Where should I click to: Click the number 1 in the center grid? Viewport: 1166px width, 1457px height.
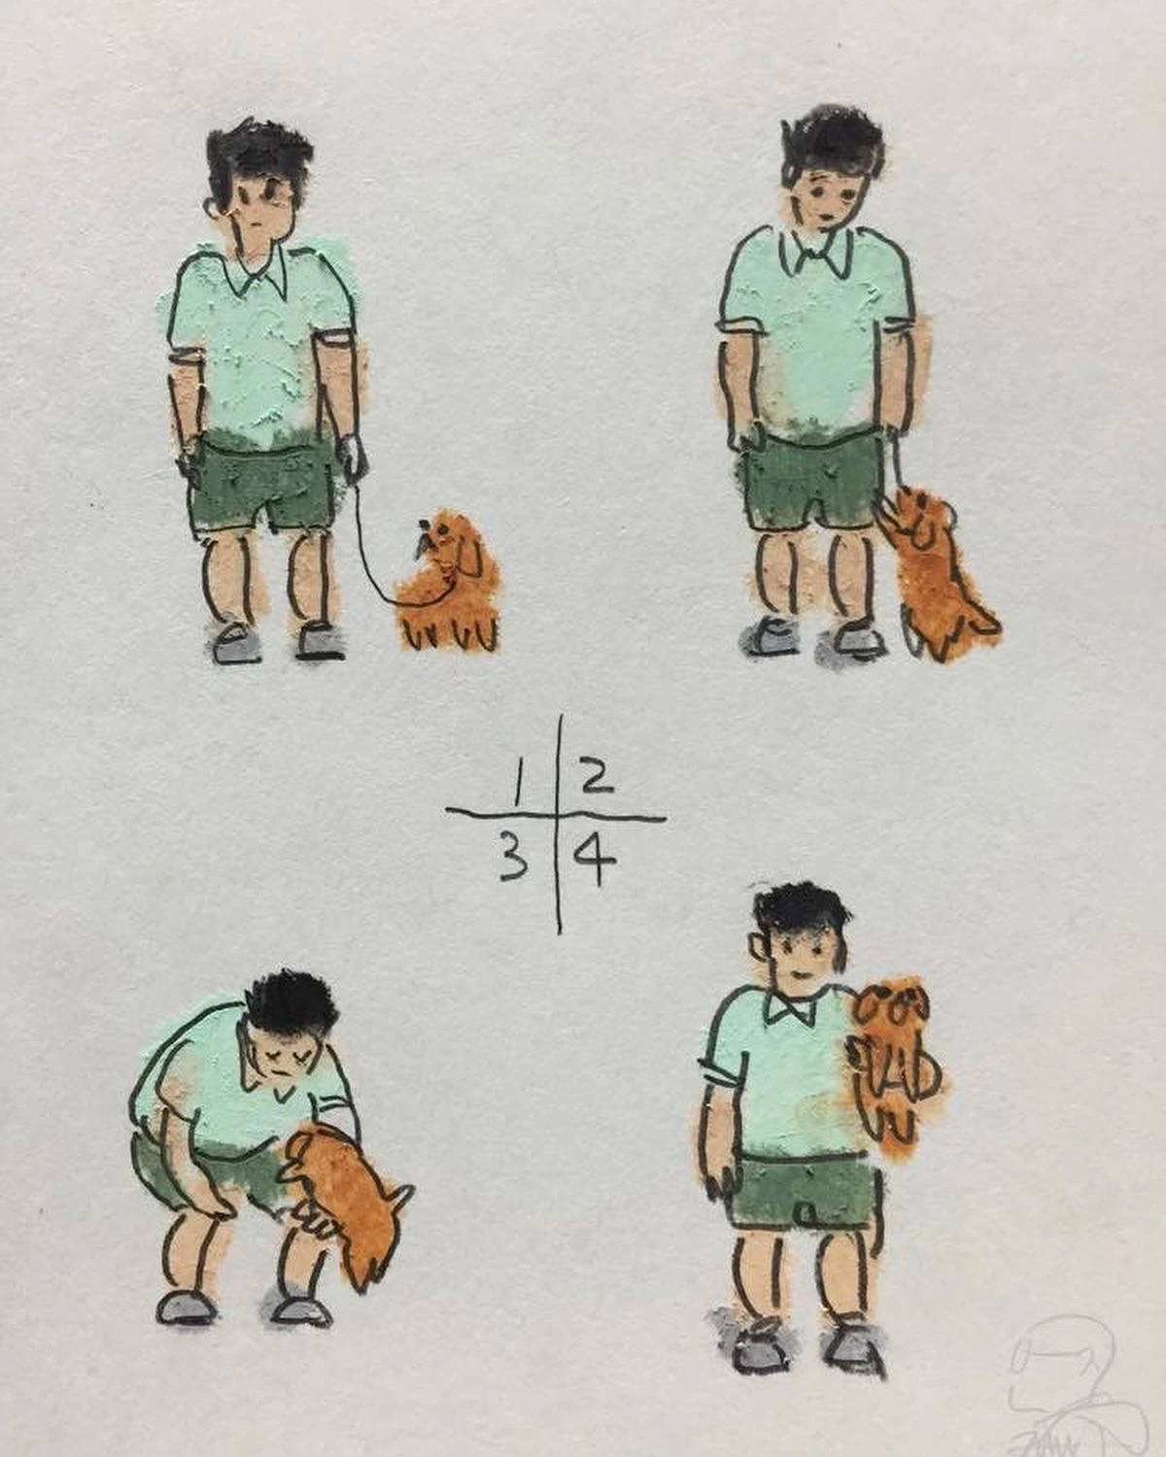pos(518,784)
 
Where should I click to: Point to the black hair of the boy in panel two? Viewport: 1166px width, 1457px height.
pos(834,146)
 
